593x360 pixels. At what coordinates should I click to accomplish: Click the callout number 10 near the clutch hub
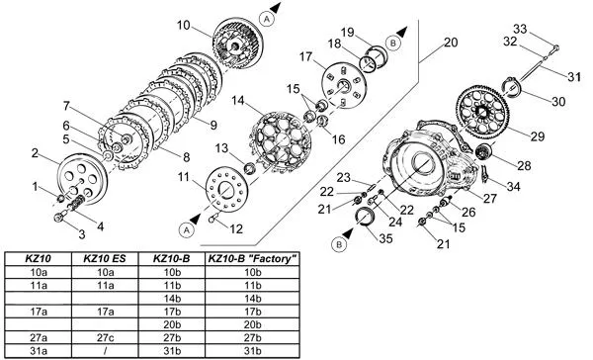184,26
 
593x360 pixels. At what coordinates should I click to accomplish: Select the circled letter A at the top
267,19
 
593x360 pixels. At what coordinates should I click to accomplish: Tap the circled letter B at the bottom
339,244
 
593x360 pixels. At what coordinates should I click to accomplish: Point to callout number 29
538,136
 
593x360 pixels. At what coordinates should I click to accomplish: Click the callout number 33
520,29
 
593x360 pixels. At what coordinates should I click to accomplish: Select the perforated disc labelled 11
227,189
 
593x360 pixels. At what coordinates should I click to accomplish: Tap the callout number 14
238,101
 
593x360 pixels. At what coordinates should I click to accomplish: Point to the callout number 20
451,43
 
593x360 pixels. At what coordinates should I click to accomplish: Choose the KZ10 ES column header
105,259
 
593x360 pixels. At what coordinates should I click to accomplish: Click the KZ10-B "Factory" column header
252,259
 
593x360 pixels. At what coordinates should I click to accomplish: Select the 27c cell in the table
106,337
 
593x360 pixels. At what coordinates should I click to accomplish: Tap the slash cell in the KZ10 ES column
105,350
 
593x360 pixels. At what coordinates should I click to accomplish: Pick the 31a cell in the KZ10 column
39,350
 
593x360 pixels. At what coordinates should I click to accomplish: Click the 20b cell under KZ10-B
172,324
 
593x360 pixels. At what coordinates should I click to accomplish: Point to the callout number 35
385,238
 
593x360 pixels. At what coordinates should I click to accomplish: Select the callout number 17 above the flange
305,56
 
